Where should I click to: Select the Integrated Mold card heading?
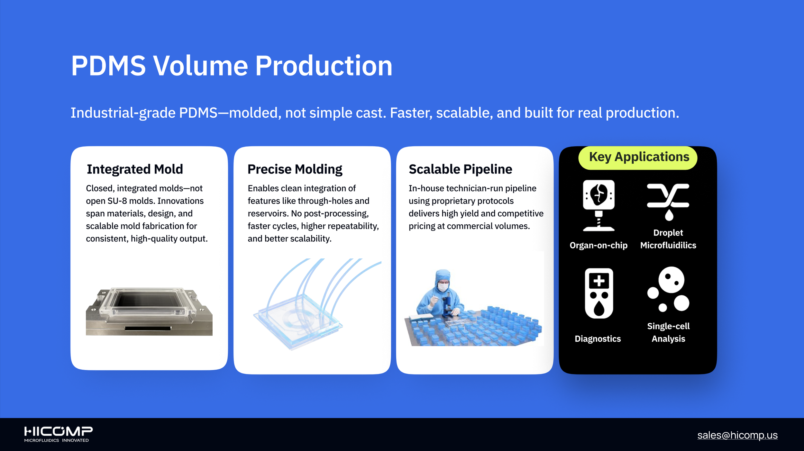click(x=135, y=169)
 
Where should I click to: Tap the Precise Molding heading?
click(x=295, y=169)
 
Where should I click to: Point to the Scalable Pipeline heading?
click(x=460, y=169)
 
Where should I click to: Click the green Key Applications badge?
click(x=638, y=158)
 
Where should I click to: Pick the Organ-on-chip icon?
click(x=598, y=205)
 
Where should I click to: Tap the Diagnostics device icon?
click(x=599, y=293)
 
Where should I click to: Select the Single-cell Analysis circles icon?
click(x=668, y=289)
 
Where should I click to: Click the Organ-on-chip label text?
click(x=598, y=245)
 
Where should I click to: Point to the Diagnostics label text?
click(x=598, y=339)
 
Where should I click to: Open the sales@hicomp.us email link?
click(x=737, y=435)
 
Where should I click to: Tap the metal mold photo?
click(x=149, y=311)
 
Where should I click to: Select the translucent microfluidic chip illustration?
click(x=317, y=304)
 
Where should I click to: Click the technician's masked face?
click(x=443, y=285)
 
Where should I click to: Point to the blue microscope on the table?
click(x=447, y=306)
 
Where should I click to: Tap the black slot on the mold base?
click(x=148, y=328)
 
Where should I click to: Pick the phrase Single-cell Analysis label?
click(x=668, y=332)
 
